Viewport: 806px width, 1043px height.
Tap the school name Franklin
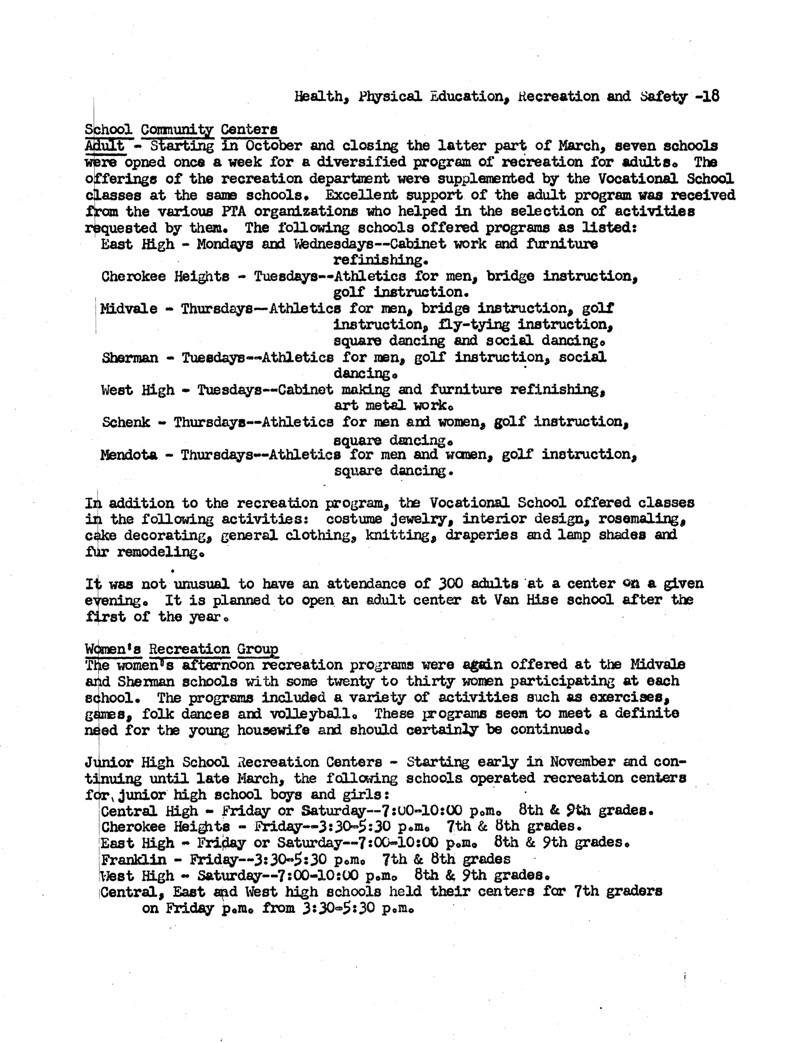coord(134,860)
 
